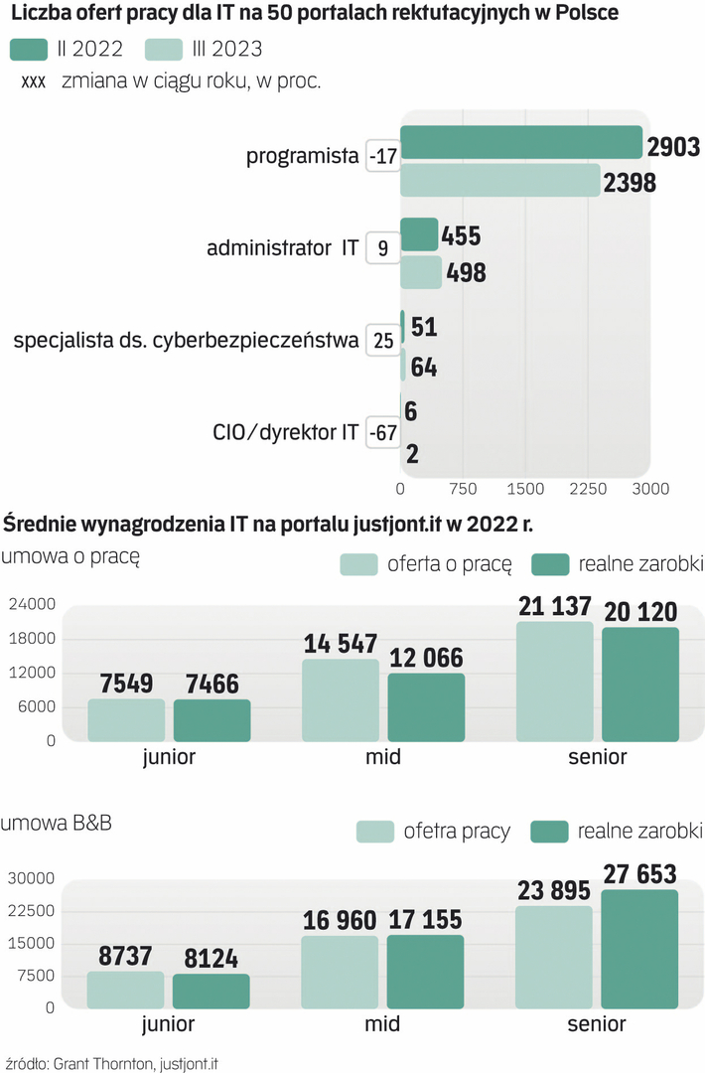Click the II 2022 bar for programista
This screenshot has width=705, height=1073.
coord(520,143)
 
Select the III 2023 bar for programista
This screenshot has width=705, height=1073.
coord(500,181)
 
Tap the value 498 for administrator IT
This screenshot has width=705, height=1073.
coord(466,273)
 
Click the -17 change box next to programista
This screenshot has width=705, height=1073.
coord(382,156)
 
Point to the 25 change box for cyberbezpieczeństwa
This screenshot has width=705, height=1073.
coord(382,340)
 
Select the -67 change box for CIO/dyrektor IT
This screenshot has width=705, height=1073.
coord(382,433)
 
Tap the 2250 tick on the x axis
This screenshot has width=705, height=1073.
coord(588,489)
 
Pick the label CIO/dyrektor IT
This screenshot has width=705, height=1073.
coord(286,433)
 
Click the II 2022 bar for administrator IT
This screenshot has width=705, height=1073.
coord(419,234)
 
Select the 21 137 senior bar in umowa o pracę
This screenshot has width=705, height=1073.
coord(554,682)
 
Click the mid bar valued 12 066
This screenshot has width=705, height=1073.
coord(426,707)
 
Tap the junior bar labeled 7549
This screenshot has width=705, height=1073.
coord(126,720)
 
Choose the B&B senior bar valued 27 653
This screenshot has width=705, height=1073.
coord(639,948)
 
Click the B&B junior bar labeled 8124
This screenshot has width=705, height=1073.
coord(211,990)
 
